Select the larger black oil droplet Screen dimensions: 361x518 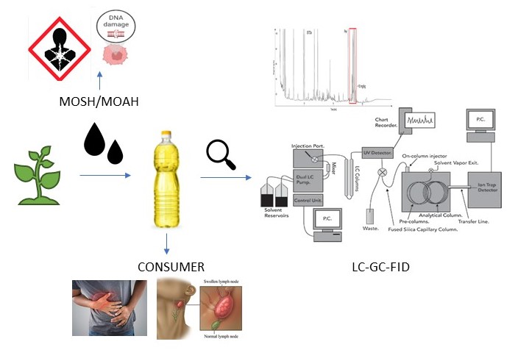click(x=94, y=140)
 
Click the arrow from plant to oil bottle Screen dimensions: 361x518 click(x=105, y=176)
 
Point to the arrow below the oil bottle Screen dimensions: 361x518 click(x=168, y=243)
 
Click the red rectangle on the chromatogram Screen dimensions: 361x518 click(x=352, y=65)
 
